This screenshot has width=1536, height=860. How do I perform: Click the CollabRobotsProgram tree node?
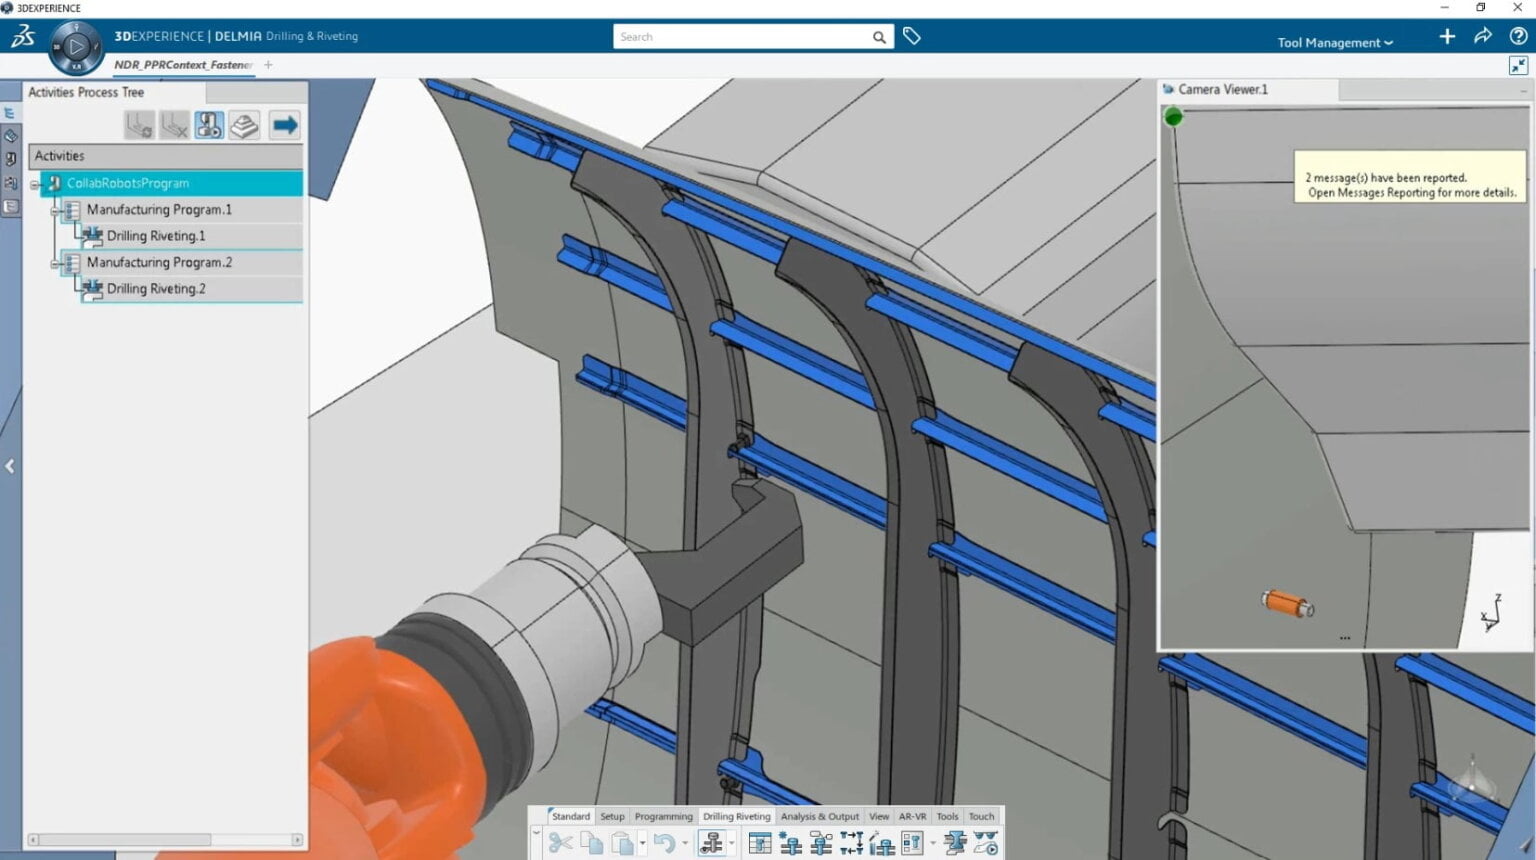128,183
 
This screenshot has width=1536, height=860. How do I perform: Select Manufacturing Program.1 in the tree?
159,210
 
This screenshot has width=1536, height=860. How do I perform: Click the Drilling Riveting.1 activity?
156,236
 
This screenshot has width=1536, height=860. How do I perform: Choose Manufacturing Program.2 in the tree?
159,262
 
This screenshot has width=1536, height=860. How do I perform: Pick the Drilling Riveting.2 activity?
156,289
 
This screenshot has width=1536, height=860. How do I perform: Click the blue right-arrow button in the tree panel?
284,125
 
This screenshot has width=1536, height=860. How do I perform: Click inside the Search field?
740,37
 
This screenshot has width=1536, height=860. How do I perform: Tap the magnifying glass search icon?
879,37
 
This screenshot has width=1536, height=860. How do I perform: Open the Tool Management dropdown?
1334,42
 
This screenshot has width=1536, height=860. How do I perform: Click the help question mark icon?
1518,36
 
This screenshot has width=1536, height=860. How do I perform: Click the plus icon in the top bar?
1447,36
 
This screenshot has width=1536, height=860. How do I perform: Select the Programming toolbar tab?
663,816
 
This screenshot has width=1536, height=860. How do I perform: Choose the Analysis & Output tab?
819,816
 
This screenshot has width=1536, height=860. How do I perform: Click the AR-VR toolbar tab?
912,816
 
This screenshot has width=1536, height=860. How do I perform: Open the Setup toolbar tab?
612,816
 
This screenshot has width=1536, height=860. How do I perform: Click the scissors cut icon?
560,843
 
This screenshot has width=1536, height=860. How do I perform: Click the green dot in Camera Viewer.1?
1174,117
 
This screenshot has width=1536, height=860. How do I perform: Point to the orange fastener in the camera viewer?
1286,603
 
